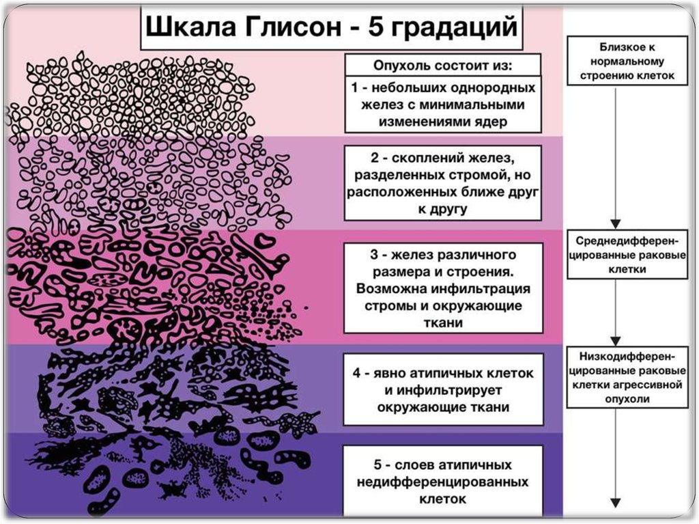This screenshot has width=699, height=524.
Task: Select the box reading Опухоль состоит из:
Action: [442, 67]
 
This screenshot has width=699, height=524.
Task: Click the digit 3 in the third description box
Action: [374, 255]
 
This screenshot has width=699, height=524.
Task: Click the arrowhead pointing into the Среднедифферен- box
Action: [616, 224]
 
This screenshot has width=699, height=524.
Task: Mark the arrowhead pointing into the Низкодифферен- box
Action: [616, 340]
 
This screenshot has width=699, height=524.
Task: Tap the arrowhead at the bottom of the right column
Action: [616, 497]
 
